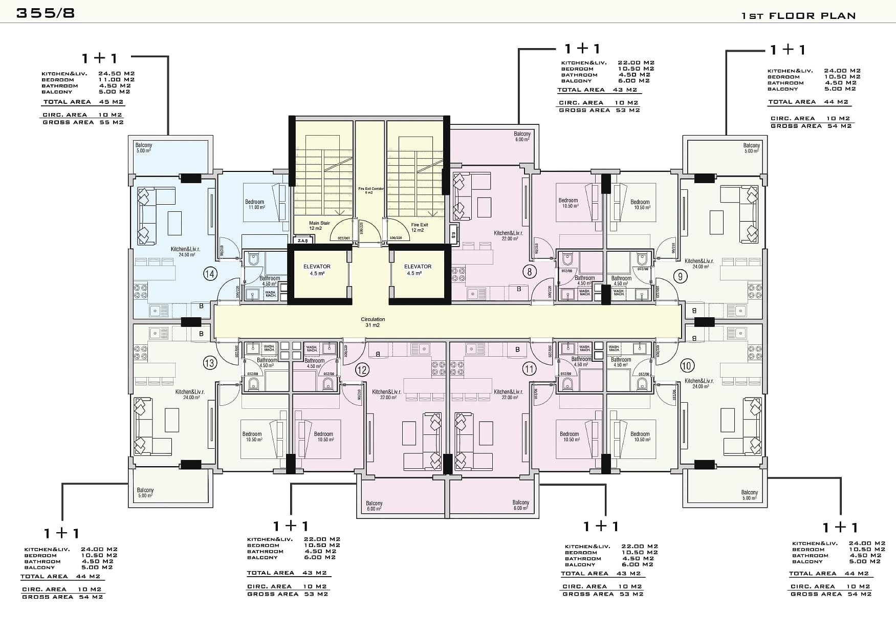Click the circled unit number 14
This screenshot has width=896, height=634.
[x=210, y=274]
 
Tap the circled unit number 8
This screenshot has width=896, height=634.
[x=530, y=272]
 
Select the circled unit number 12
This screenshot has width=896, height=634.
[x=362, y=369]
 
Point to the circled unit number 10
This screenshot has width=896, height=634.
[x=687, y=366]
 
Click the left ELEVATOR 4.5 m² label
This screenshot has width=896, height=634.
[x=317, y=270]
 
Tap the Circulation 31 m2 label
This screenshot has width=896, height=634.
[x=373, y=322]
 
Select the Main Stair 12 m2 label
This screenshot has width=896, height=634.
[x=319, y=226]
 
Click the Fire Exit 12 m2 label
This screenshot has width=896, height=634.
[x=419, y=227]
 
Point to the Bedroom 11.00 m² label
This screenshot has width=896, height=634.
[x=254, y=204]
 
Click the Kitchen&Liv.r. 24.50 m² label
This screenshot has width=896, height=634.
[x=185, y=252]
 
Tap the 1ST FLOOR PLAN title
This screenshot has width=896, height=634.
[x=798, y=16]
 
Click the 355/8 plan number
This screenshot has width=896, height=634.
[x=46, y=13]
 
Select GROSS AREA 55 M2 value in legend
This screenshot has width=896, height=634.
[x=83, y=122]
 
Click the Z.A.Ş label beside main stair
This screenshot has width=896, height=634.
[x=302, y=241]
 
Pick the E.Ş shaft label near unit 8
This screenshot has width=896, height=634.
[x=453, y=235]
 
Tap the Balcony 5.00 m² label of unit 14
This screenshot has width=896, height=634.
[x=144, y=148]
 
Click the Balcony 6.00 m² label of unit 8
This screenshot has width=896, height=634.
[x=522, y=137]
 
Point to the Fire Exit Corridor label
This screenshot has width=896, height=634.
[x=370, y=190]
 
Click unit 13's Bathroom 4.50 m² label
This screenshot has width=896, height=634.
[x=267, y=363]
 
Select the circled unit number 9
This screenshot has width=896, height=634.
[x=680, y=277]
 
